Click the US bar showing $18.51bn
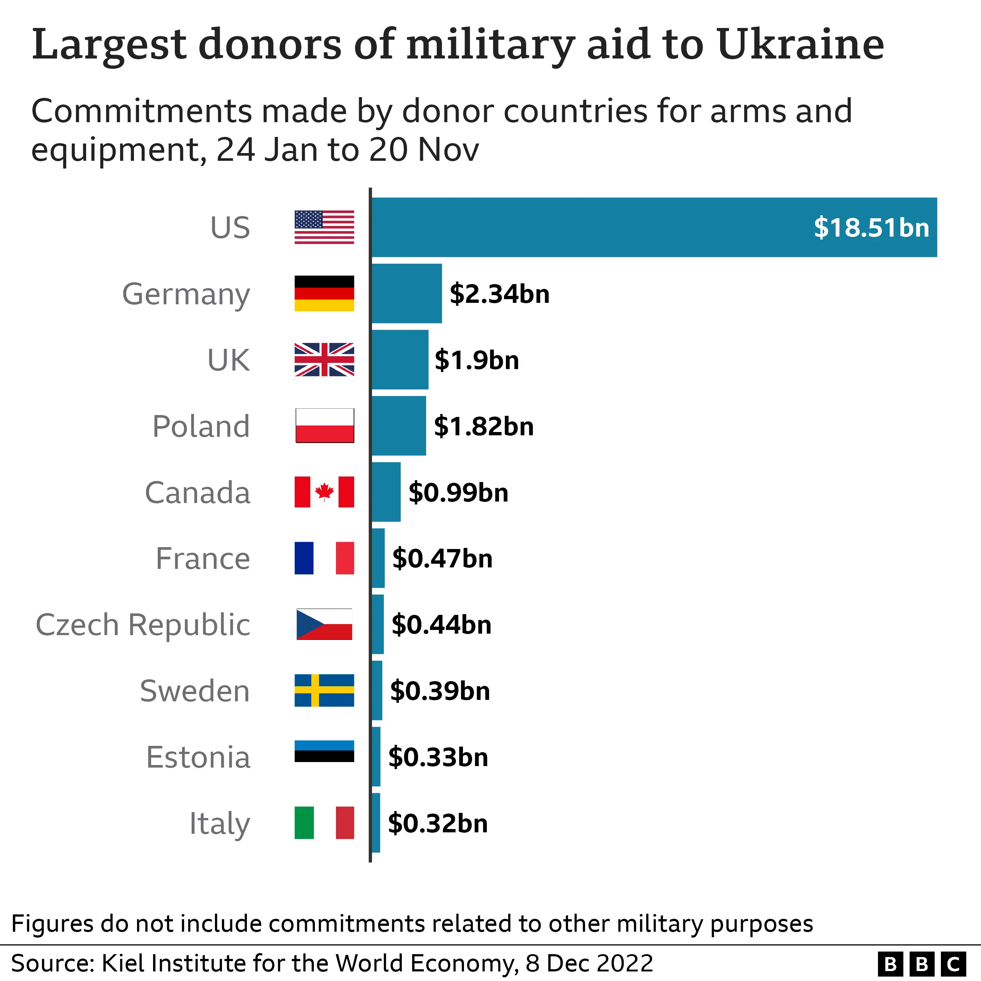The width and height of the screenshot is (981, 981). tap(654, 227)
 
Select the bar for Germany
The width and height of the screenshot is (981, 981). tap(407, 294)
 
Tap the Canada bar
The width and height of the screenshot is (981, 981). tap(386, 492)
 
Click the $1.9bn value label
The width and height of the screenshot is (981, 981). tap(477, 360)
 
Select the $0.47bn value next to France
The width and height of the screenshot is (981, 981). tap(442, 559)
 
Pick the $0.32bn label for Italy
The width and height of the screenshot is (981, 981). tap(438, 823)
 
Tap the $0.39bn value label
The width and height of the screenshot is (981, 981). tap(440, 691)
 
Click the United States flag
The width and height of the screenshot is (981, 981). tap(324, 227)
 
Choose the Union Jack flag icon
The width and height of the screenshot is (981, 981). tap(324, 360)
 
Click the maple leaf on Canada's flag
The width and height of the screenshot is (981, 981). tap(324, 492)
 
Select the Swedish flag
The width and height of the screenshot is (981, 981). tap(324, 691)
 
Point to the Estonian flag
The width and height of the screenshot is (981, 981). tap(324, 751)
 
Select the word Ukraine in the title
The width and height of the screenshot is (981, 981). tap(800, 45)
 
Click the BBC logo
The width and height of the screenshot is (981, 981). tap(922, 963)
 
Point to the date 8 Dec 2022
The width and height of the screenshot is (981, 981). tap(589, 963)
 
